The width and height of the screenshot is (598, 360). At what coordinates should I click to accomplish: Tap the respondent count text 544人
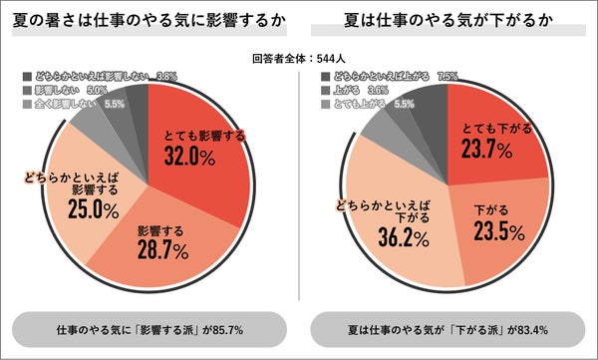click(299, 58)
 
